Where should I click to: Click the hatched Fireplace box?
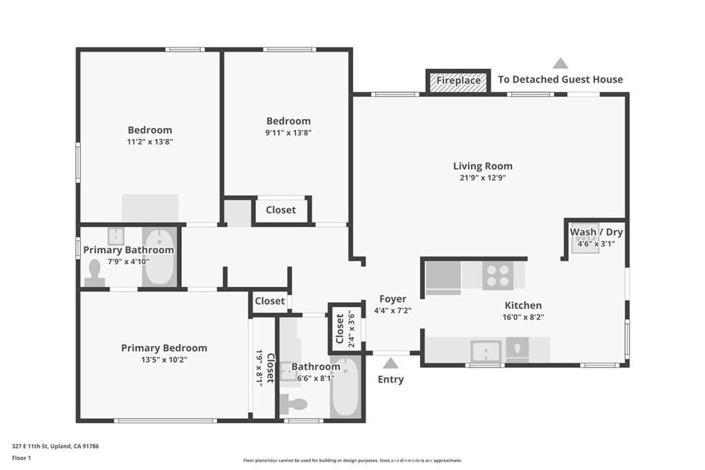point(459,81)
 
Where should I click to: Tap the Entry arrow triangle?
point(390,363)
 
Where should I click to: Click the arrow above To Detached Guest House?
point(560,63)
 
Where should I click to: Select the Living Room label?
point(483,166)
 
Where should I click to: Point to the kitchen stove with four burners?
point(498,276)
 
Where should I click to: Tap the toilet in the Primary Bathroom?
point(95,273)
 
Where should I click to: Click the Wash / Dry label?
point(596,232)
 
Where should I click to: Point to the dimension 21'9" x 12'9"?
point(483,178)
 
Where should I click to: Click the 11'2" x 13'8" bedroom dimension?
point(149,142)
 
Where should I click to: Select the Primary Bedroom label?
point(164,348)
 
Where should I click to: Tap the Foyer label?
point(392,299)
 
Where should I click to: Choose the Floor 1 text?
point(21,458)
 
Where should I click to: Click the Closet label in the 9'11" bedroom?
point(280,210)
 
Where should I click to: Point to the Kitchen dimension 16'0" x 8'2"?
point(523,317)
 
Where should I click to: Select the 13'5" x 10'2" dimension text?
point(164,360)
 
